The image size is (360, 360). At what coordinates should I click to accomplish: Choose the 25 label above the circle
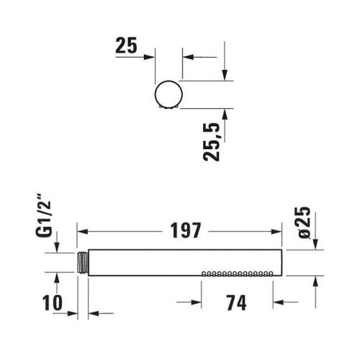(x=126, y=47)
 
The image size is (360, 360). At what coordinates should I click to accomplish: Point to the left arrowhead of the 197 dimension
(x=81, y=232)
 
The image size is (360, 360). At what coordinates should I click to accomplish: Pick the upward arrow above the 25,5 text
(x=225, y=113)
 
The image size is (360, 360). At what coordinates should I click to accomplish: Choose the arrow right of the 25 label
(x=150, y=55)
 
